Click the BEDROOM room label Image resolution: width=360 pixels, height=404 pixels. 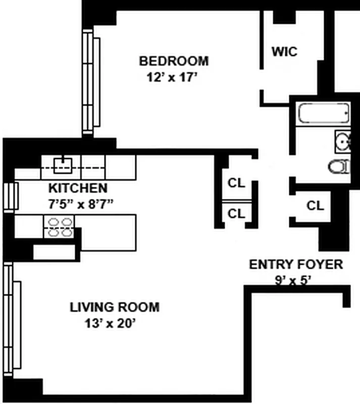pos(174,61)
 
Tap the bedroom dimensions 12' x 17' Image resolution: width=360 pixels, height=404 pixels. pos(172,77)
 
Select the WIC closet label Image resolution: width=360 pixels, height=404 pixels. pos(284,52)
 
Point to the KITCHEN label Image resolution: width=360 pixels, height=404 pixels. pos(78,188)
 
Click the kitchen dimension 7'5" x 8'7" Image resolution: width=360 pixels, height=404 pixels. pos(81,205)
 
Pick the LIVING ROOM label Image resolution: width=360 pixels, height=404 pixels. pos(115,307)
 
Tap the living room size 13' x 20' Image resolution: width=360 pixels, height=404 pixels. pos(110,323)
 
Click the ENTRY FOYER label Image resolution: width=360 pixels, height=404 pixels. pos(296,265)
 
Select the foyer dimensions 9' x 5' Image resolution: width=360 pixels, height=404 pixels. pos(293,280)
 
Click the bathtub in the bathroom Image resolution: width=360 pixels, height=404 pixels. pos(324,113)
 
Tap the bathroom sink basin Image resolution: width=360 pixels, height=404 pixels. pos(343,141)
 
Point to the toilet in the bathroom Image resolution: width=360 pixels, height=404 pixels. pos(339,167)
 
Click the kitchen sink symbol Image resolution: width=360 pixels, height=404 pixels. pos(63,166)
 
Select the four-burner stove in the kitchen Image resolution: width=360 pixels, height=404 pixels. pos(59,227)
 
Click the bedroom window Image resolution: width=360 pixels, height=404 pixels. pos(91,82)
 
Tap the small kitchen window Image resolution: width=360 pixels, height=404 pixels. pos(11,196)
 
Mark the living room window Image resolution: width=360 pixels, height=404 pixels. pos(12,320)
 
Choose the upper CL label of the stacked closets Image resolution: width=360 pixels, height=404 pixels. pos(236,183)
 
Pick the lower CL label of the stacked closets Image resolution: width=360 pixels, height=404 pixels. pos(236,214)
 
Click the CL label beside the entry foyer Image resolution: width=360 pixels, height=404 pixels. pos(315,206)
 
